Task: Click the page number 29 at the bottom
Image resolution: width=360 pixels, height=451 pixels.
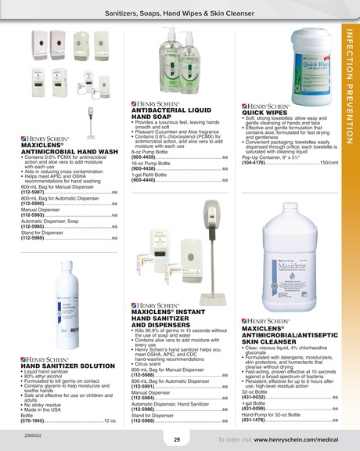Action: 177,439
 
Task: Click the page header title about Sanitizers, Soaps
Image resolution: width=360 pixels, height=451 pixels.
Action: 180,14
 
